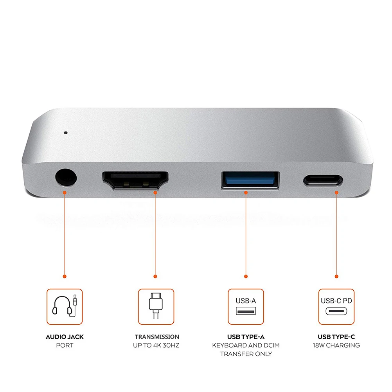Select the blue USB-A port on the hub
coord(250,180)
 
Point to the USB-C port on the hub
coord(322,181)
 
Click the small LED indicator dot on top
coord(65,133)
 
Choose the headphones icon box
coord(65,307)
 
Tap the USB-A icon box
coord(246,307)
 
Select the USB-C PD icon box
coord(336,307)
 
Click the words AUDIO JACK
coord(65,337)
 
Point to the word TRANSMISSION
coord(157,337)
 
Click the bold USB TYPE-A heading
coord(246,337)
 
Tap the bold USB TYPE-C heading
coord(336,337)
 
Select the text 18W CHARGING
coord(336,345)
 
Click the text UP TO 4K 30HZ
coord(157,345)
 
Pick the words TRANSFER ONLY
coord(246,354)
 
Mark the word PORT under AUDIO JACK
coord(65,345)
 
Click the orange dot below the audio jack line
coord(65,276)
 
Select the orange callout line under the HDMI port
coord(155,235)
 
